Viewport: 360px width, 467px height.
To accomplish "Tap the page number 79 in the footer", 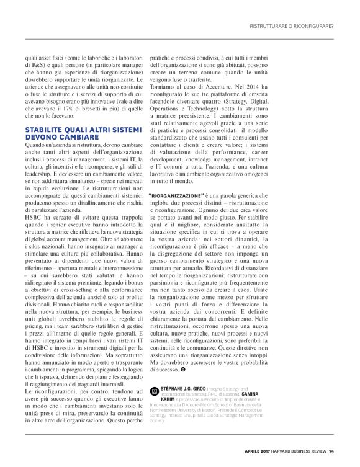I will pos(332,451).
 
